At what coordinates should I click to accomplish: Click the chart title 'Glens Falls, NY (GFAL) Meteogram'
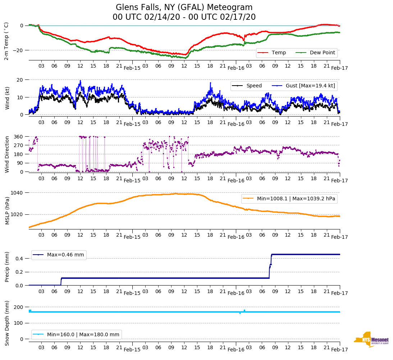[184, 8]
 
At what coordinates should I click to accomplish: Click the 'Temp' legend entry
[279, 53]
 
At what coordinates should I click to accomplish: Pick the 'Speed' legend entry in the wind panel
[254, 86]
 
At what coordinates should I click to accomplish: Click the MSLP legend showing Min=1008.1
[296, 199]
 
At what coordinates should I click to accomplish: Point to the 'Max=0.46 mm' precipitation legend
[65, 255]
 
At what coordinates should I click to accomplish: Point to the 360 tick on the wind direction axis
[18, 137]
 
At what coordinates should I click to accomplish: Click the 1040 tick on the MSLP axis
[17, 193]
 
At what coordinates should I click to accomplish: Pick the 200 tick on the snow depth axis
[18, 307]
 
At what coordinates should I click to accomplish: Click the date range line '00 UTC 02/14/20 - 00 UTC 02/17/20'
[184, 17]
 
